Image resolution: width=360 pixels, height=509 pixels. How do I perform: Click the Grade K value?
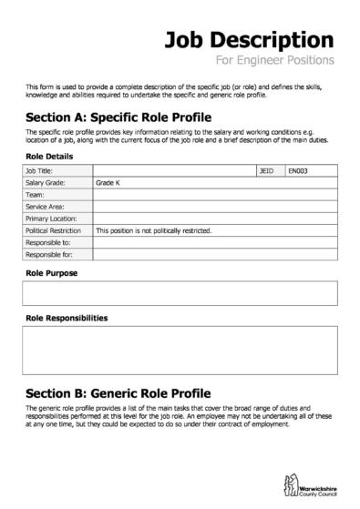click(x=108, y=182)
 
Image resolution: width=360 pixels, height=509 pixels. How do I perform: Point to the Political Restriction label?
click(x=56, y=231)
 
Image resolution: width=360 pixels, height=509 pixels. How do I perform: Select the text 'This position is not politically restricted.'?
click(x=153, y=231)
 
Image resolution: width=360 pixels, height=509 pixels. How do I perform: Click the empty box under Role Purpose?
click(x=180, y=292)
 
